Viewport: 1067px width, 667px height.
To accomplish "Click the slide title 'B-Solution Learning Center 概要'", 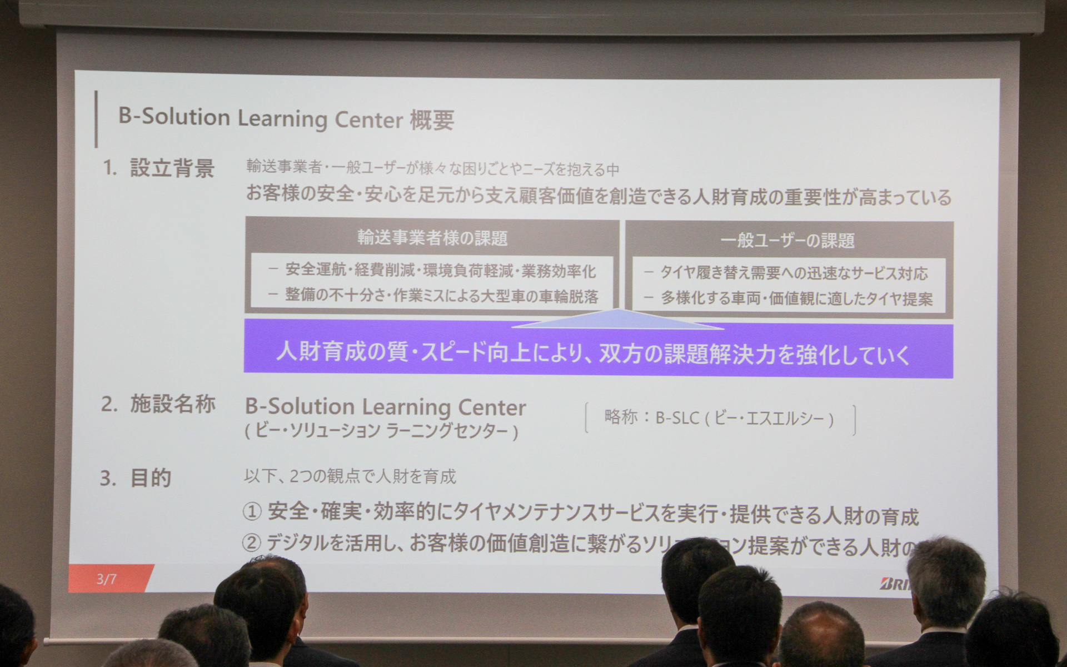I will pos(286,119).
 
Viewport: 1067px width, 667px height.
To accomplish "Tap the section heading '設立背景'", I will pos(172,168).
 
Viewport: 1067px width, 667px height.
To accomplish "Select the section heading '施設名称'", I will pos(173,405).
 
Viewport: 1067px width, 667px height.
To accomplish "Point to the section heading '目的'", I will pos(151,478).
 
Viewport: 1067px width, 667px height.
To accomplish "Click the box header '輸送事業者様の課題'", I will pos(432,238).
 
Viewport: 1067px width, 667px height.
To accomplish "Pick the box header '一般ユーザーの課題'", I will pos(787,240).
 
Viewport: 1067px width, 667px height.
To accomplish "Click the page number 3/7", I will pos(107,579).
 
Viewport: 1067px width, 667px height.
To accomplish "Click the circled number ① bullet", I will pos(252,512).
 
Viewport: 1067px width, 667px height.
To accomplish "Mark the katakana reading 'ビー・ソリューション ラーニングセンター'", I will pos(382,431).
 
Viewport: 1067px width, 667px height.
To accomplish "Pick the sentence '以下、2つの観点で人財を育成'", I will pos(350,476).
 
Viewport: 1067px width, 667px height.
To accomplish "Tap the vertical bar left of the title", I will pos(97,119).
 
